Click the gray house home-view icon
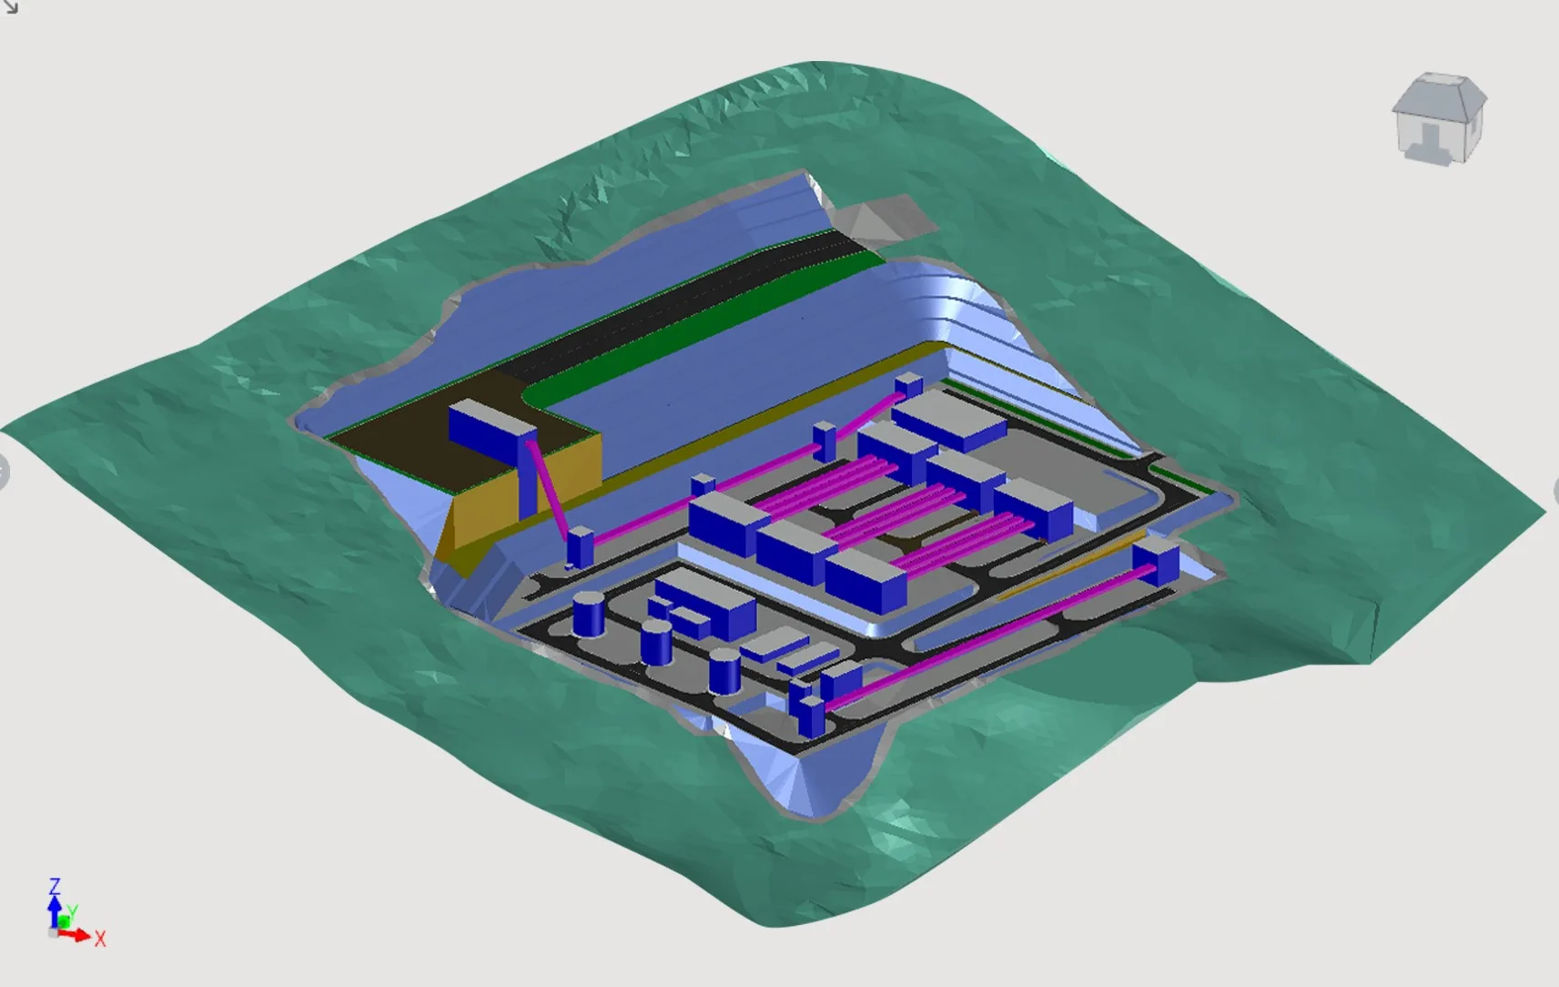[1439, 117]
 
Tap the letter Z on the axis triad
[55, 886]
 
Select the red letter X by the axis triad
[100, 939]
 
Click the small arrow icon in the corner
[10, 7]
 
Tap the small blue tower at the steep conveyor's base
[580, 547]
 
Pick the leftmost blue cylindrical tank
[588, 614]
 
